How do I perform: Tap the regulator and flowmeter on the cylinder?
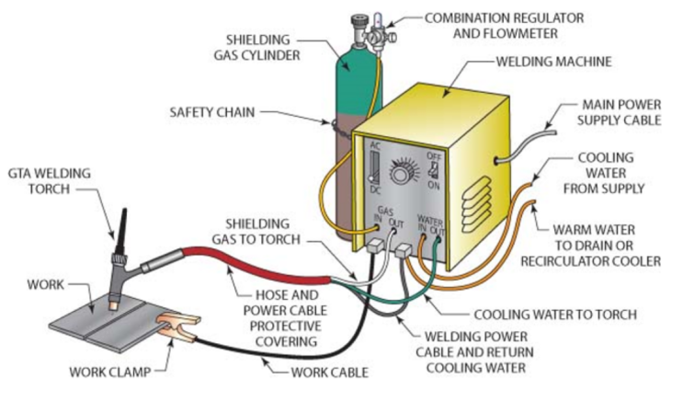379,33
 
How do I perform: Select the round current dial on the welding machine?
401,173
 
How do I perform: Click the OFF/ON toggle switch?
433,170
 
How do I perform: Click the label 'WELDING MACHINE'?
553,62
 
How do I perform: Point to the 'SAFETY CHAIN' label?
212,112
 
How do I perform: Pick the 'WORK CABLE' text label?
330,373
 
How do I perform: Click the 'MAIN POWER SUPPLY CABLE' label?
620,112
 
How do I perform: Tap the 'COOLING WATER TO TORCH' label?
555,315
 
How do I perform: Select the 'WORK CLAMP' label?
110,373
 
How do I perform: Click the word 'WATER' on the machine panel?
430,220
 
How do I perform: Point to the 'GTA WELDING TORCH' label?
50,181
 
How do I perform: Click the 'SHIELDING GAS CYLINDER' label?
257,48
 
